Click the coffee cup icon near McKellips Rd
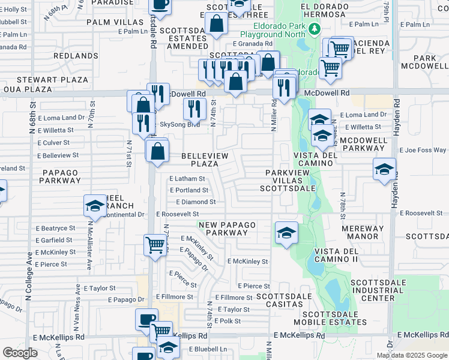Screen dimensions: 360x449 [x=146, y=319]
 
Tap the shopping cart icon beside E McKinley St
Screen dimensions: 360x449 [x=155, y=244]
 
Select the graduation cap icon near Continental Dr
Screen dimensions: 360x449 [x=95, y=206]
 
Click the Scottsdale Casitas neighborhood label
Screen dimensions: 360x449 [x=284, y=301]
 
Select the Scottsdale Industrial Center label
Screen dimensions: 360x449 [x=372, y=290]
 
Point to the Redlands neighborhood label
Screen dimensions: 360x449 [x=71, y=55]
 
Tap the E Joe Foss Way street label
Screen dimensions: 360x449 [x=423, y=150]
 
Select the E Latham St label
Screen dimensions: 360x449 [x=187, y=179]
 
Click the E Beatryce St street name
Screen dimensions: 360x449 [x=55, y=228]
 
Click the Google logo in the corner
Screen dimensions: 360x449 [x=20, y=352]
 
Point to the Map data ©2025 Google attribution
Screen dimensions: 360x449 [x=412, y=355]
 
